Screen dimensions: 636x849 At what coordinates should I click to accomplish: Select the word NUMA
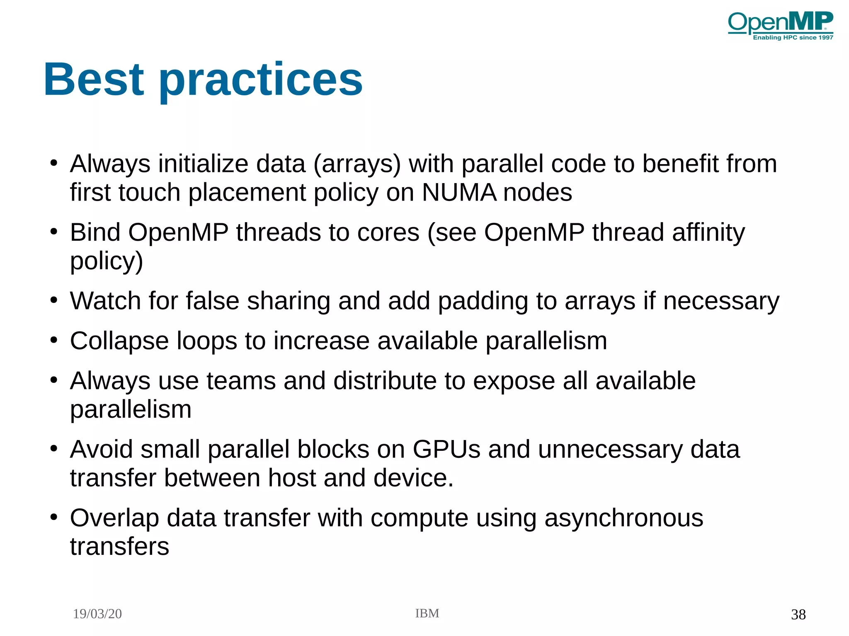458,193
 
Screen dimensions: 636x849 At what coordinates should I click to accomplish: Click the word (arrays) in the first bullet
357,164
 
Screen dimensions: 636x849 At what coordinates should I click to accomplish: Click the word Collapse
119,341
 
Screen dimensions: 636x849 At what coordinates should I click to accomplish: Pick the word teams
241,381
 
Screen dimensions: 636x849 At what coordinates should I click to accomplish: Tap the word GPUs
446,449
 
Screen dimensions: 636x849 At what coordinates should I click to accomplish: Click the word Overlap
114,518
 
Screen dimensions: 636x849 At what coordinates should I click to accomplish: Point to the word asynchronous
623,518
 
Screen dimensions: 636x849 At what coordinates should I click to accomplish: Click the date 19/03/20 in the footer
97,614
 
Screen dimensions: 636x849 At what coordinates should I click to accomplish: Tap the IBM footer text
427,613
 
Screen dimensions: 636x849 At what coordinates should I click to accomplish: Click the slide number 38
798,614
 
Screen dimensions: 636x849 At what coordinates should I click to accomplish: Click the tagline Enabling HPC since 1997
793,38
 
